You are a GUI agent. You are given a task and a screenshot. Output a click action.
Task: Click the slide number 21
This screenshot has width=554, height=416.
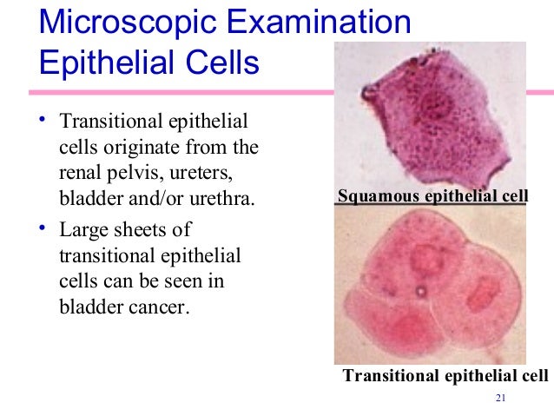pos(498,399)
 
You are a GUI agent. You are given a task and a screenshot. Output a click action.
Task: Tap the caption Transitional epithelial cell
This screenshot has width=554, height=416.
pos(445,376)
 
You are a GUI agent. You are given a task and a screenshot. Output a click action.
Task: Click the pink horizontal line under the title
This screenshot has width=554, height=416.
pos(174,92)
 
